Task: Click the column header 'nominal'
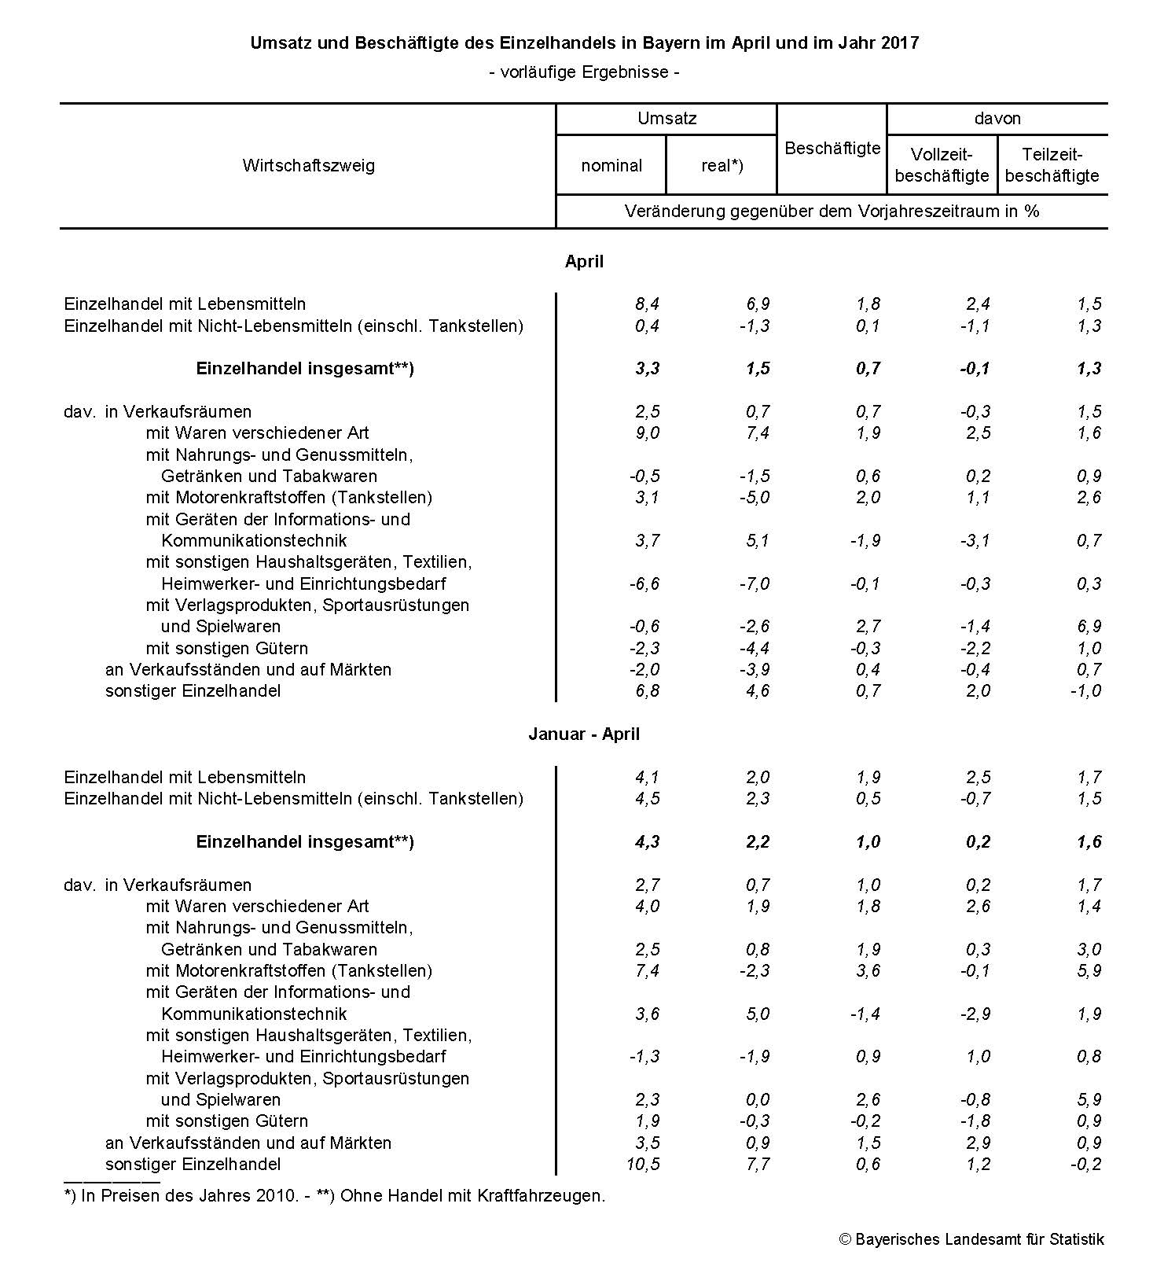pyautogui.click(x=611, y=165)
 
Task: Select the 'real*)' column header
pyautogui.click(x=722, y=165)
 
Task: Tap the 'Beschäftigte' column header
pyautogui.click(x=832, y=148)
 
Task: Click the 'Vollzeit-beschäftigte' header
pyautogui.click(x=942, y=165)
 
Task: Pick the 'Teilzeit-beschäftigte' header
pyautogui.click(x=1052, y=165)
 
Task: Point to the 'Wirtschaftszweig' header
pyautogui.click(x=308, y=165)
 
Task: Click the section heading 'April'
pyautogui.click(x=584, y=261)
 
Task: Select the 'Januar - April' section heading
pyautogui.click(x=584, y=734)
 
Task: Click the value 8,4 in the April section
pyautogui.click(x=647, y=304)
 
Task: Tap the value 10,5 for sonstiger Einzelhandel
pyautogui.click(x=643, y=1164)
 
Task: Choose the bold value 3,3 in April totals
pyautogui.click(x=647, y=368)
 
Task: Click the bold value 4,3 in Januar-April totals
pyautogui.click(x=647, y=841)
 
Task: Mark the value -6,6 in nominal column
pyautogui.click(x=644, y=583)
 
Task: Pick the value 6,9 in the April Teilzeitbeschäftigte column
pyautogui.click(x=1089, y=626)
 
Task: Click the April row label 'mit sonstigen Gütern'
pyautogui.click(x=226, y=648)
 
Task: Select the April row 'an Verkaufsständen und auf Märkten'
pyautogui.click(x=248, y=669)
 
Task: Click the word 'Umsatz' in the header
pyautogui.click(x=666, y=118)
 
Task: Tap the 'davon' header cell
pyautogui.click(x=997, y=118)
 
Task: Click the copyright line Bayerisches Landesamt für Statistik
pyautogui.click(x=971, y=1239)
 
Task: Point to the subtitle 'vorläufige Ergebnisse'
pyautogui.click(x=584, y=72)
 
